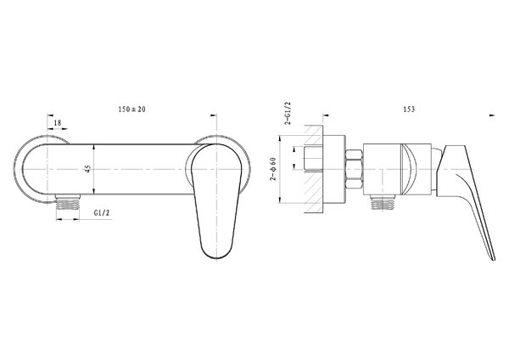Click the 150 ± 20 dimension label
pyautogui.click(x=131, y=110)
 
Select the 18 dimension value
pyautogui.click(x=58, y=123)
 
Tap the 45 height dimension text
pyautogui.click(x=88, y=169)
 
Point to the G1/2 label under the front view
pyautogui.click(x=102, y=213)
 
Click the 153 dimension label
pyautogui.click(x=409, y=110)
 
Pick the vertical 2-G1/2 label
pyautogui.click(x=288, y=114)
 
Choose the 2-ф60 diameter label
pyautogui.click(x=274, y=169)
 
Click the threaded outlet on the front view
pyautogui.click(x=68, y=203)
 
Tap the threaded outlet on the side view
pyautogui.click(x=383, y=203)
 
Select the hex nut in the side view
pyautogui.click(x=354, y=169)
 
